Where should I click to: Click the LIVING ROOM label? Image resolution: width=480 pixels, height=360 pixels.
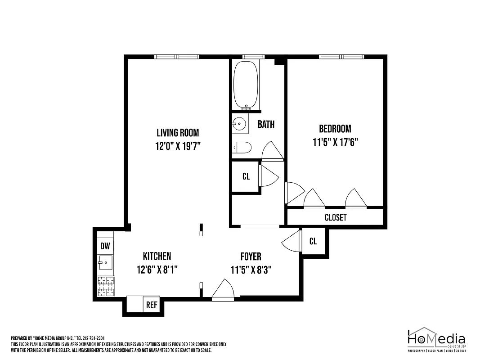177,133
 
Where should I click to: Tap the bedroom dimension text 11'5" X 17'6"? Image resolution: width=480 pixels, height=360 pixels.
335,143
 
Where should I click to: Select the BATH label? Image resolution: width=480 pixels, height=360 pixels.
266,125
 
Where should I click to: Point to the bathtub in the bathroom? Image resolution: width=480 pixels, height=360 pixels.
246,84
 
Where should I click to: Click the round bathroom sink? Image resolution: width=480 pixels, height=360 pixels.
239,124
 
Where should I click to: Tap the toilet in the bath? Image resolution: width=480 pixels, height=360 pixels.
241,148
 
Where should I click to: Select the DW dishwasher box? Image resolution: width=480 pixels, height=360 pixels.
105,246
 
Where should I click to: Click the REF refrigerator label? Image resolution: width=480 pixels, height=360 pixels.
152,305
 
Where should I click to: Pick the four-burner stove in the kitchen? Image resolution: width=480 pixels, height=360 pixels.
106,287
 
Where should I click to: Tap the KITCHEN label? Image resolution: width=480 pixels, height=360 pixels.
157,256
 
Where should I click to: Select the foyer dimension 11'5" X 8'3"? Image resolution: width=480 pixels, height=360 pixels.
251,270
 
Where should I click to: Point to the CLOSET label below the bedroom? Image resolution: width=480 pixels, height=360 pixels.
336,218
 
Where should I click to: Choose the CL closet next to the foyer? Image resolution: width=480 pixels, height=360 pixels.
313,242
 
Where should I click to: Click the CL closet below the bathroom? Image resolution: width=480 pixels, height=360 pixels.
246,177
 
